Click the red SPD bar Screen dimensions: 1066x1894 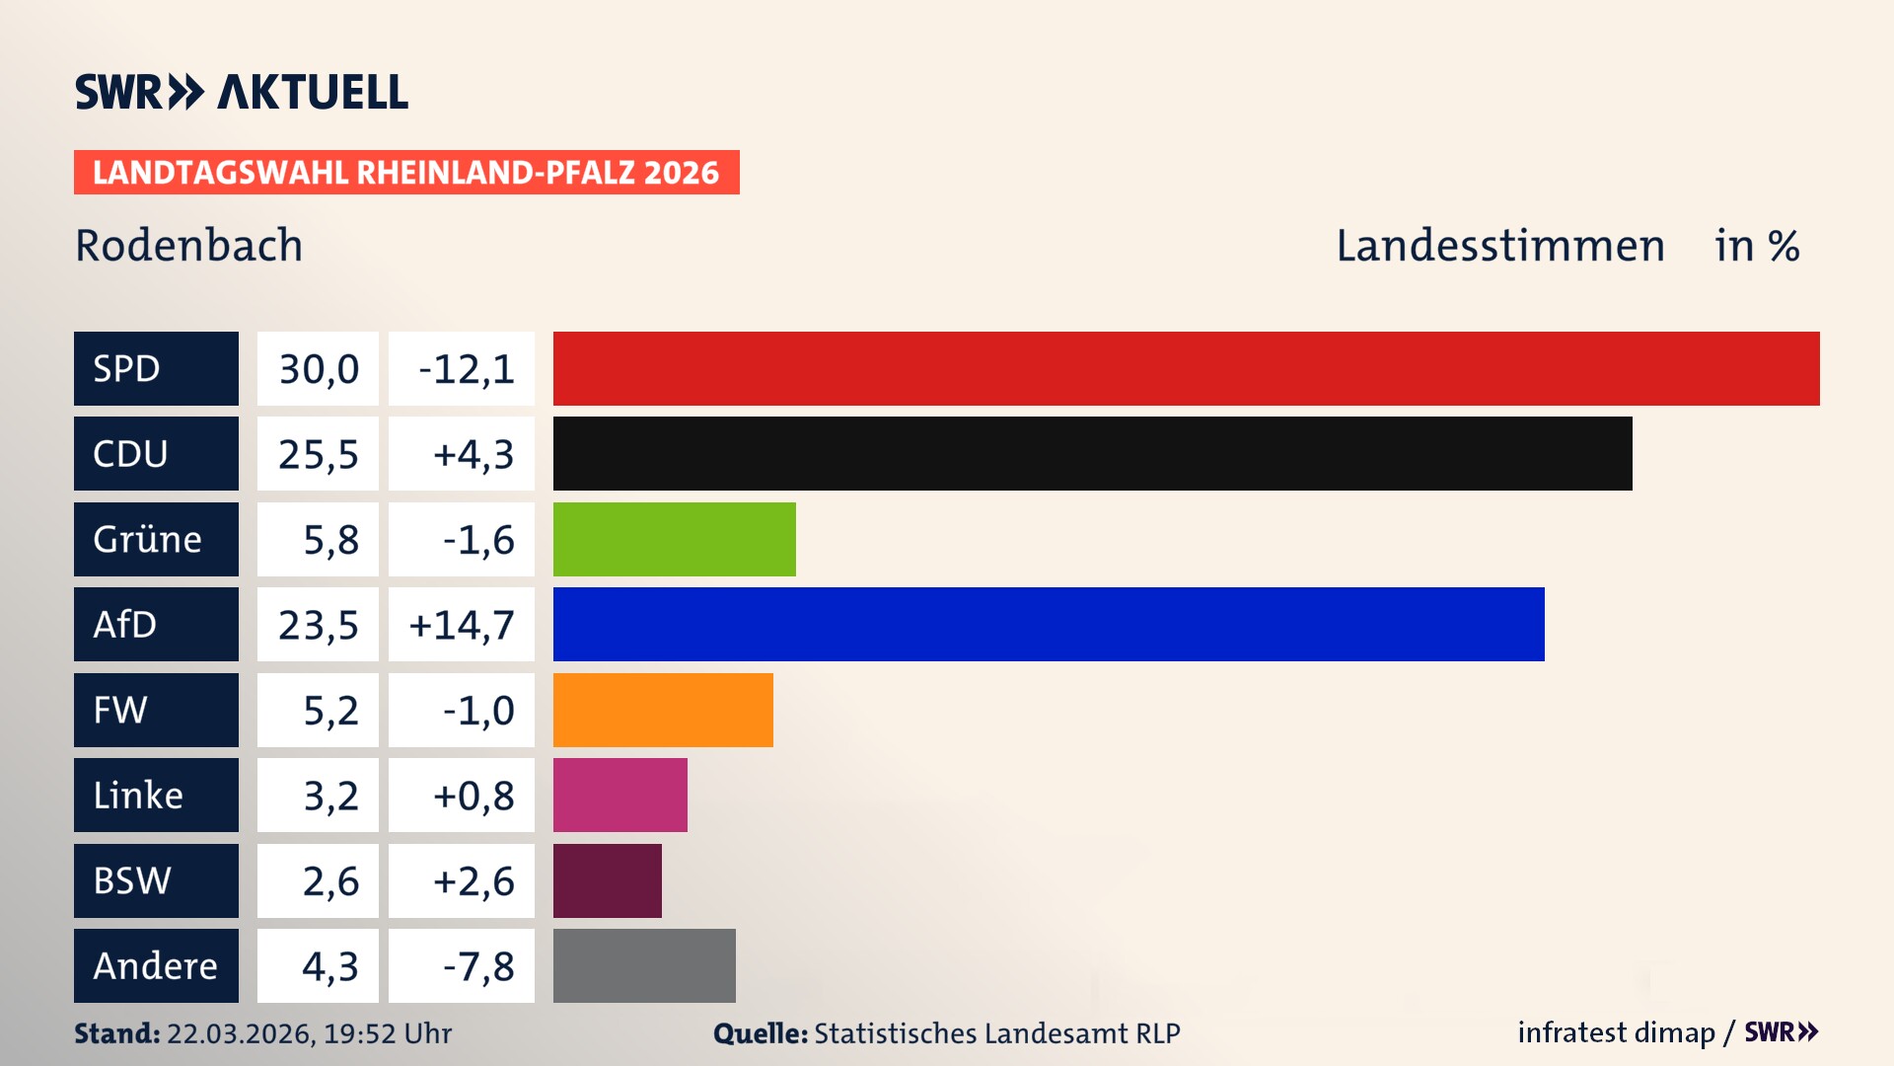pos(1186,368)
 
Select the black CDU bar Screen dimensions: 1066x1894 pos(1092,454)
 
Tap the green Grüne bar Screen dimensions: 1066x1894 pos(674,539)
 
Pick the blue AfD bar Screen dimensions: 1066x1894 pos(1049,624)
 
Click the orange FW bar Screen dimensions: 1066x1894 pos(663,710)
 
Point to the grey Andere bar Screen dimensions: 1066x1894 pos(644,965)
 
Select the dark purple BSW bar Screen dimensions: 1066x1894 pos(607,880)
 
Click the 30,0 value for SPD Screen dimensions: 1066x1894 pos(318,369)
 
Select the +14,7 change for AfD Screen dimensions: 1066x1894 pos(462,625)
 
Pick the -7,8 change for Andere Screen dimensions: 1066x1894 pos(477,966)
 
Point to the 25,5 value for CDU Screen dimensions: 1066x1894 pos(318,454)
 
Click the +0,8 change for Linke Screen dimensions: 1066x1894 pos(473,796)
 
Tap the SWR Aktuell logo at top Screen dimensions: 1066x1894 pos(242,92)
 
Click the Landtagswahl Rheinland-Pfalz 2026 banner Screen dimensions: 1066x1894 pos(406,173)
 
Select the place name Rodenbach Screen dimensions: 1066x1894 pos(189,246)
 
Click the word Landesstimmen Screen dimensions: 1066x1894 pos(1499,246)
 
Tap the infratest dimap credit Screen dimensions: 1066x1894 pos(1615,1032)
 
